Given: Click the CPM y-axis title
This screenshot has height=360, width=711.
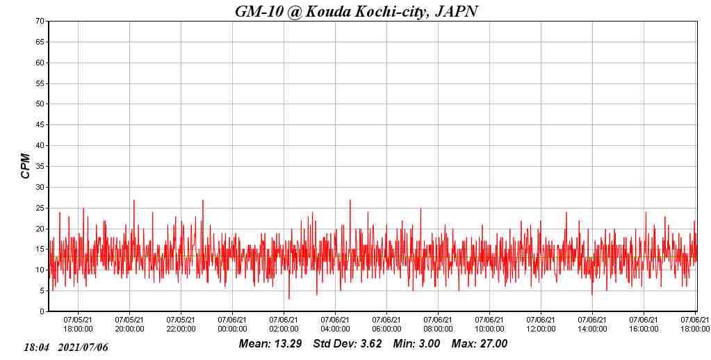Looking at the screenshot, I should (26, 166).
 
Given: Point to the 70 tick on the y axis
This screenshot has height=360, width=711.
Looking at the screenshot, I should (41, 22).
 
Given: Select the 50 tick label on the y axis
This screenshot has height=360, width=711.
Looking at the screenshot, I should (41, 104).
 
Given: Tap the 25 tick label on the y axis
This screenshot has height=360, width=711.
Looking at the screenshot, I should (41, 208).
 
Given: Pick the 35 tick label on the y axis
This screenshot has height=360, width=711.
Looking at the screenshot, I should (41, 167).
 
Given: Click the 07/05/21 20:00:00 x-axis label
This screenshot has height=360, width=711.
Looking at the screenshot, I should (129, 325).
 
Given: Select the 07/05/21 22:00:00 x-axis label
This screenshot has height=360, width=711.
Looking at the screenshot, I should (181, 325).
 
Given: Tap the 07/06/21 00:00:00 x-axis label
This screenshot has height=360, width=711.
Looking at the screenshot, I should (232, 325).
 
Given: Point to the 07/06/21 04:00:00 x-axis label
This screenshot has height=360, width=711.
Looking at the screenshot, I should (335, 325).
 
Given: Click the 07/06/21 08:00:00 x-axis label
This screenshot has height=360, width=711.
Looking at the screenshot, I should (438, 325).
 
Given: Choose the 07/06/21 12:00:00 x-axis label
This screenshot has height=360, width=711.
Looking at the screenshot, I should (541, 325).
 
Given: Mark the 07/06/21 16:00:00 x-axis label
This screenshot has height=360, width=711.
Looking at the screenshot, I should (644, 325).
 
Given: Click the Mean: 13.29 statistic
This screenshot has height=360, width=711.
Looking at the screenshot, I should (270, 344).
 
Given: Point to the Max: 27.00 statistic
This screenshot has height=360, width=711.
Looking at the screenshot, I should (480, 344).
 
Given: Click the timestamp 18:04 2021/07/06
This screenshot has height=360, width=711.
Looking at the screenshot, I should (66, 347).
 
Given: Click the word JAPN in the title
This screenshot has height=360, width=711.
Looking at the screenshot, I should (456, 11).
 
